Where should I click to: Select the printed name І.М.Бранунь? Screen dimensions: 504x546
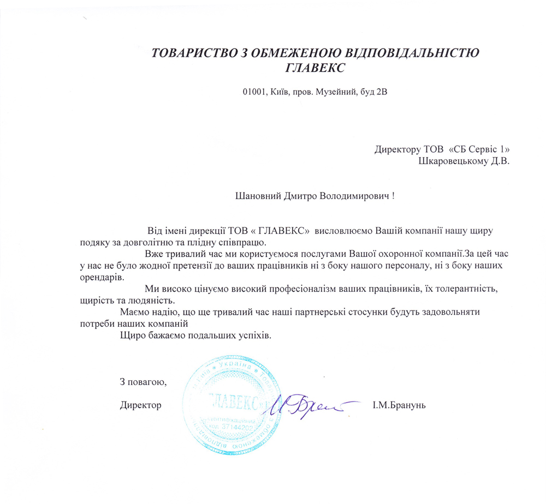pos(402,405)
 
